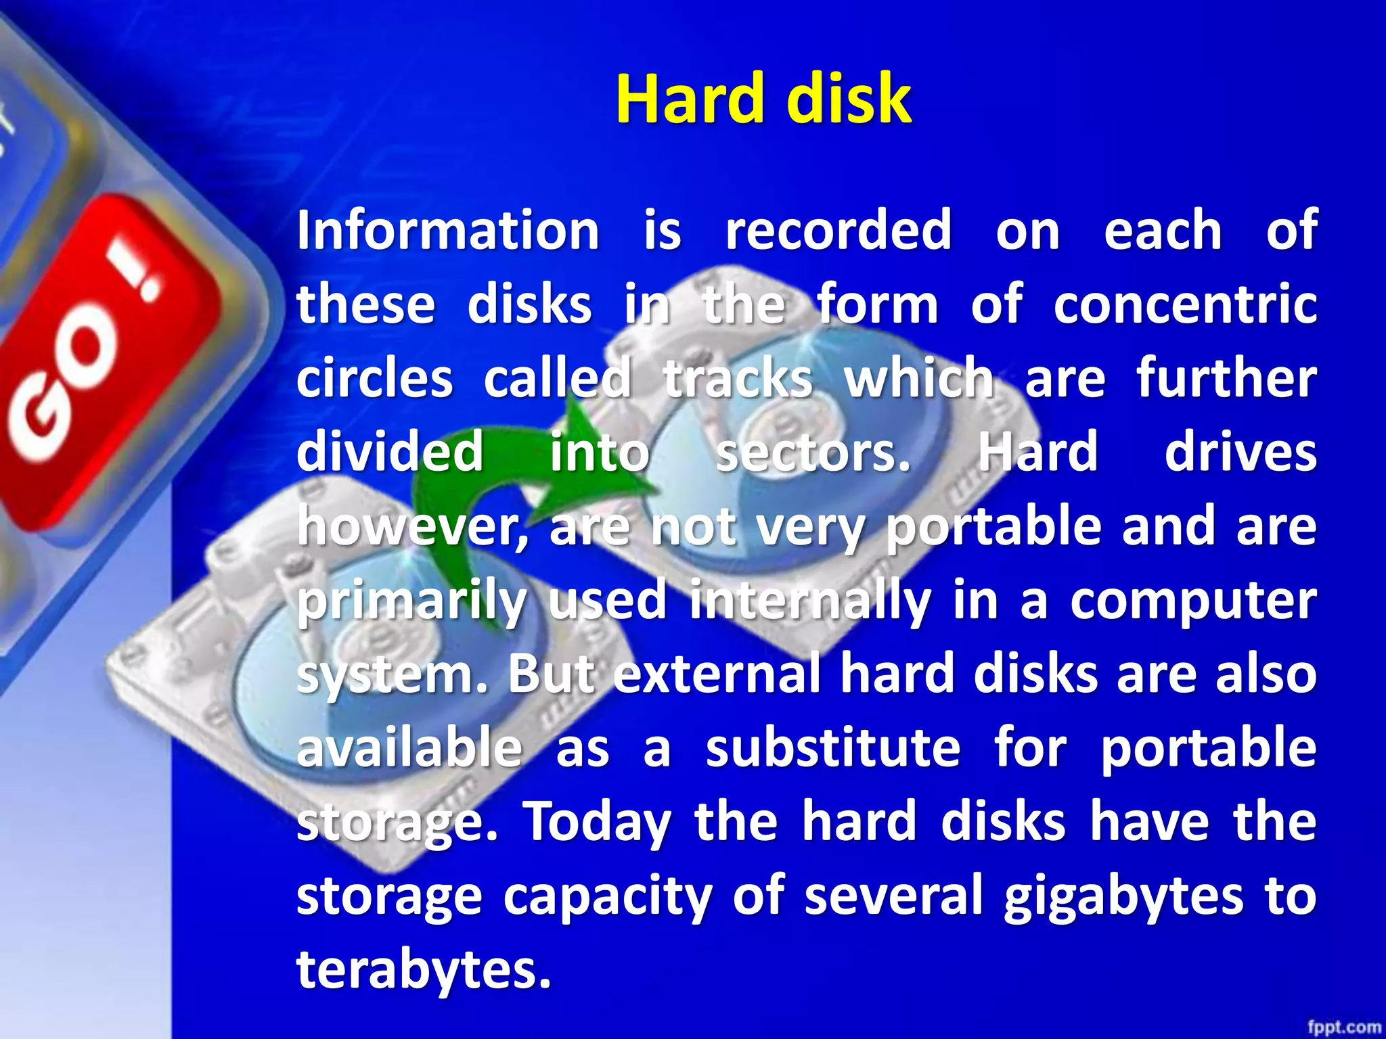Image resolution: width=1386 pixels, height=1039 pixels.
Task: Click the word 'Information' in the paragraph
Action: [448, 230]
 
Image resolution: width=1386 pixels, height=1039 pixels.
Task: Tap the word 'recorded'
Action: [839, 230]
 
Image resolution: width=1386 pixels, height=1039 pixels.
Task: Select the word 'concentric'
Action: [1185, 304]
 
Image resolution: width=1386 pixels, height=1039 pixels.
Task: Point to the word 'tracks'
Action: [738, 379]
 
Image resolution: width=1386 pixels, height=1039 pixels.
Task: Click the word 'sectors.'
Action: [813, 453]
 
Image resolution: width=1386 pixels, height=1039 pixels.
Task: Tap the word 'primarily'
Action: [411, 601]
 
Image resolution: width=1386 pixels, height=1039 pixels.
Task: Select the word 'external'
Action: [718, 674]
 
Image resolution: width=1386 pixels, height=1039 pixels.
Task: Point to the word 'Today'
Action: [599, 823]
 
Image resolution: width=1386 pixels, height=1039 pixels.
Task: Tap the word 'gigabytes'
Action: [1123, 897]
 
